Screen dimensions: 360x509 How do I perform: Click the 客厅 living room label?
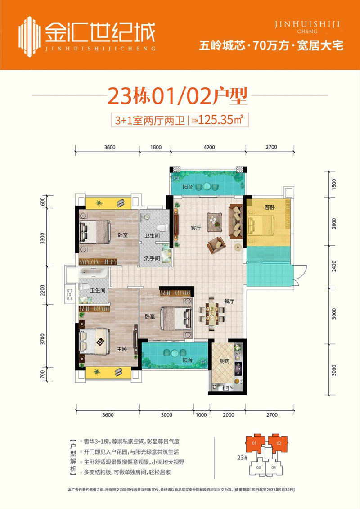point(196,228)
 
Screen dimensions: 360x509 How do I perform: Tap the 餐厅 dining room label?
point(229,301)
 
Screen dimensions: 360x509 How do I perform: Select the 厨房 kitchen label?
point(225,361)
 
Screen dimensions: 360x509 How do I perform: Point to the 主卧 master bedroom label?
point(122,349)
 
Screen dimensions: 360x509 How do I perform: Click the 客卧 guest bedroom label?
point(270,207)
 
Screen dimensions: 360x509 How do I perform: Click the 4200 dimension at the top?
point(209,147)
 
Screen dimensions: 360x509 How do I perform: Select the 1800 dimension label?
point(156,147)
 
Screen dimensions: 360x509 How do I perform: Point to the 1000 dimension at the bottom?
point(201,415)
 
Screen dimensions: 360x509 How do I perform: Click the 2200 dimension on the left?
point(42,291)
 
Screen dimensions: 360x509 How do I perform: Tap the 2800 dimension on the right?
point(334,224)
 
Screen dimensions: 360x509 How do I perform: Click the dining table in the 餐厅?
point(211,314)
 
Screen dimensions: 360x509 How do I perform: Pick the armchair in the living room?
point(216,245)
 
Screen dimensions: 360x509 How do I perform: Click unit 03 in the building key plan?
point(259,468)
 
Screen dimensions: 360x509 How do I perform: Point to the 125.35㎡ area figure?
point(221,120)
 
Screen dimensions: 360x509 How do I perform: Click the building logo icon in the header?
point(30,36)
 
